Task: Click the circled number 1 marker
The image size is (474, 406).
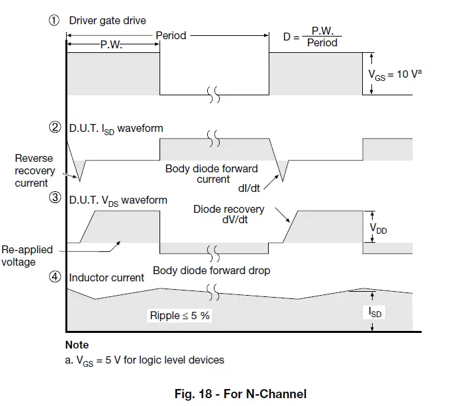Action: pyautogui.click(x=55, y=20)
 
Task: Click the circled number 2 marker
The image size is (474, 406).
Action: pyautogui.click(x=55, y=128)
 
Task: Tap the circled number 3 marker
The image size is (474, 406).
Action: pyautogui.click(x=55, y=200)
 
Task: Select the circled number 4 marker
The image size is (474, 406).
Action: pyautogui.click(x=55, y=277)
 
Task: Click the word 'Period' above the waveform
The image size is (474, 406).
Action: pyautogui.click(x=171, y=35)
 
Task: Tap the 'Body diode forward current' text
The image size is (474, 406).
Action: pyautogui.click(x=211, y=174)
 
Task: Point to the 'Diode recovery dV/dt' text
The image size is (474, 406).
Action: pyautogui.click(x=229, y=215)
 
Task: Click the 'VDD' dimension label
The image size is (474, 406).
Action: pyautogui.click(x=378, y=229)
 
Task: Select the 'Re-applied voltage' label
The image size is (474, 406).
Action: pyautogui.click(x=27, y=256)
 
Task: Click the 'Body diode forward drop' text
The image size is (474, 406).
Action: pyautogui.click(x=211, y=270)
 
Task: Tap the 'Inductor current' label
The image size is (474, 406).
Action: pyautogui.click(x=107, y=277)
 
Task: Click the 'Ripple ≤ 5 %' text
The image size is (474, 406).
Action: pyautogui.click(x=180, y=316)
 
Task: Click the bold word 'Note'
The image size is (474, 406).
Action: pyautogui.click(x=77, y=345)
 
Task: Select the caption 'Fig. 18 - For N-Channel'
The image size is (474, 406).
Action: pyautogui.click(x=240, y=394)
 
